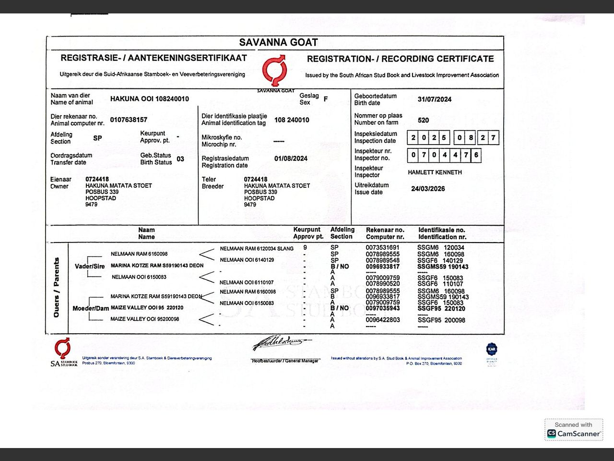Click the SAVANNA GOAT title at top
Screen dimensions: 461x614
pos(278,42)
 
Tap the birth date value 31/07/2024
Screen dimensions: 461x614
pos(434,99)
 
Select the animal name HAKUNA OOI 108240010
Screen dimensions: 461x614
pos(150,99)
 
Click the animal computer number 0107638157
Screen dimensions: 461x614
pos(129,120)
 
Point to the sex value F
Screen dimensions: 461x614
pos(326,99)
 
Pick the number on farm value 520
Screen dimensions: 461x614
pos(423,120)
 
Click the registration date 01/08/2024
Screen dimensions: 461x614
pos(291,158)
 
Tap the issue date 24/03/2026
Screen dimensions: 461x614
pos(428,189)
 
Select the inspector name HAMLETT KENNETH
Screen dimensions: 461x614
pos(435,172)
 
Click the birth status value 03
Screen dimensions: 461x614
pos(180,159)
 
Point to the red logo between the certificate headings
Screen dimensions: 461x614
pos(274,71)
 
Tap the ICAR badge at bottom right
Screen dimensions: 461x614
pos(492,350)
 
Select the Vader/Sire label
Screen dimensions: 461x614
pos(90,267)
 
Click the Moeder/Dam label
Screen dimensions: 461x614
pos(91,308)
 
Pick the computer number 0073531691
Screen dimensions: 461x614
pos(382,248)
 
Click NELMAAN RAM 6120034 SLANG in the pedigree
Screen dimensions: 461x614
pos(257,248)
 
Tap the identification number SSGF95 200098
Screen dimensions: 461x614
pos(441,320)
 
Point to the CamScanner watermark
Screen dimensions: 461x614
pos(574,430)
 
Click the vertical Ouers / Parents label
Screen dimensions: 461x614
pos(57,287)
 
